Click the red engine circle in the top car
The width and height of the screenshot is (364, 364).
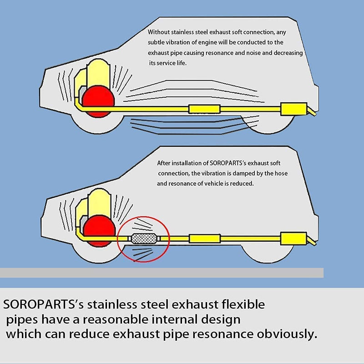coord(98,101)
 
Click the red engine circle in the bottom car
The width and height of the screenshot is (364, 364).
coord(99,231)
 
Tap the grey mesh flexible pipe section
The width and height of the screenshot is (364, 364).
coord(144,238)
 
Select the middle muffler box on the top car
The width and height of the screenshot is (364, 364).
coord(204,109)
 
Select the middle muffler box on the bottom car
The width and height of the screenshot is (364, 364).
coord(205,238)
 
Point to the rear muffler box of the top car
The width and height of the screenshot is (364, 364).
coord(293,109)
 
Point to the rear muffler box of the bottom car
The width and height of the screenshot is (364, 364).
coord(293,238)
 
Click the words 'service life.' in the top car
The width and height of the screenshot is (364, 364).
coord(172,63)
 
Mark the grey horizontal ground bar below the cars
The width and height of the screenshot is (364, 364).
coord(162,273)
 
